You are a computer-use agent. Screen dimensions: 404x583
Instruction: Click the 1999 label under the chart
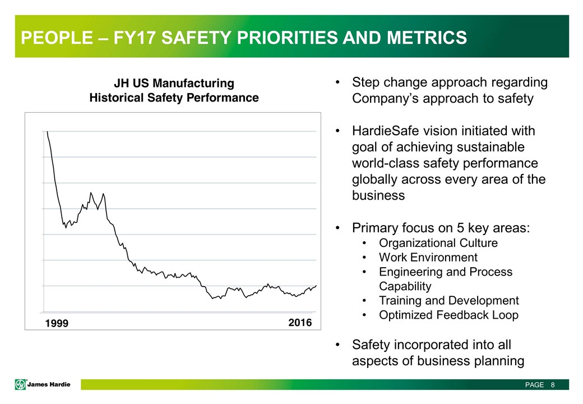pyautogui.click(x=56, y=324)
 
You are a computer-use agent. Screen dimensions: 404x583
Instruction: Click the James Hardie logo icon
pyautogui.click(x=21, y=384)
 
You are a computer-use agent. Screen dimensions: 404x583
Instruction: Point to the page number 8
pyautogui.click(x=553, y=385)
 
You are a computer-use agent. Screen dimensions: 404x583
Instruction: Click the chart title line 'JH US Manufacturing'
pyautogui.click(x=174, y=83)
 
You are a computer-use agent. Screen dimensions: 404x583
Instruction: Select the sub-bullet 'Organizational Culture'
pyautogui.click(x=438, y=243)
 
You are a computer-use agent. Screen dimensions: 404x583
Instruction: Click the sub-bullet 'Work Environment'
pyautogui.click(x=428, y=258)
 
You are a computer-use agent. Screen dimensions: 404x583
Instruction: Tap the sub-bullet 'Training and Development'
pyautogui.click(x=448, y=300)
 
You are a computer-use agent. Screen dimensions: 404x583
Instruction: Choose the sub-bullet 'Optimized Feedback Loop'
pyautogui.click(x=448, y=315)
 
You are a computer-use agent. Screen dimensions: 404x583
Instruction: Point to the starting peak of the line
pyautogui.click(x=47, y=132)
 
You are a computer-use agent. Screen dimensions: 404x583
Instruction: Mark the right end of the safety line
pyautogui.click(x=316, y=286)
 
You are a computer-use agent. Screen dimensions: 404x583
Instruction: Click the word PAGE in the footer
pyautogui.click(x=534, y=385)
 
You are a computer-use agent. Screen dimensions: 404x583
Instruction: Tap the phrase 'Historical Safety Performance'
pyautogui.click(x=174, y=98)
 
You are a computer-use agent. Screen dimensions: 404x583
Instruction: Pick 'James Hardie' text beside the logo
pyautogui.click(x=51, y=384)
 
